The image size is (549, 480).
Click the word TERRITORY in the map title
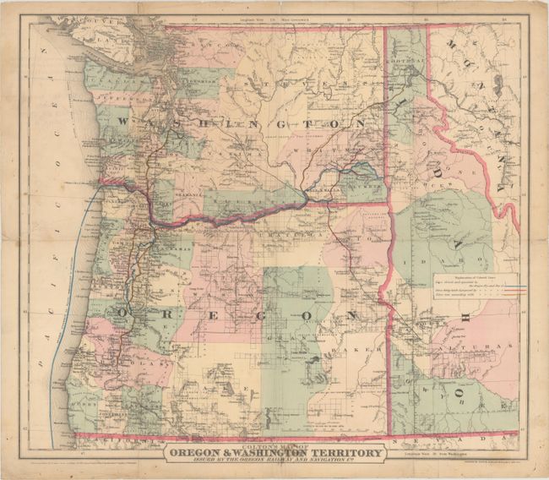335,451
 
